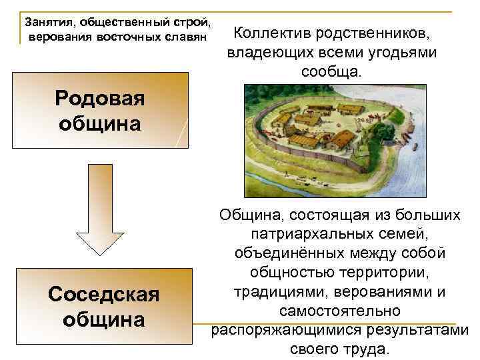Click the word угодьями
click(x=399, y=52)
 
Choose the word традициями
click(x=282, y=292)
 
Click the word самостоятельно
click(x=340, y=311)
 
